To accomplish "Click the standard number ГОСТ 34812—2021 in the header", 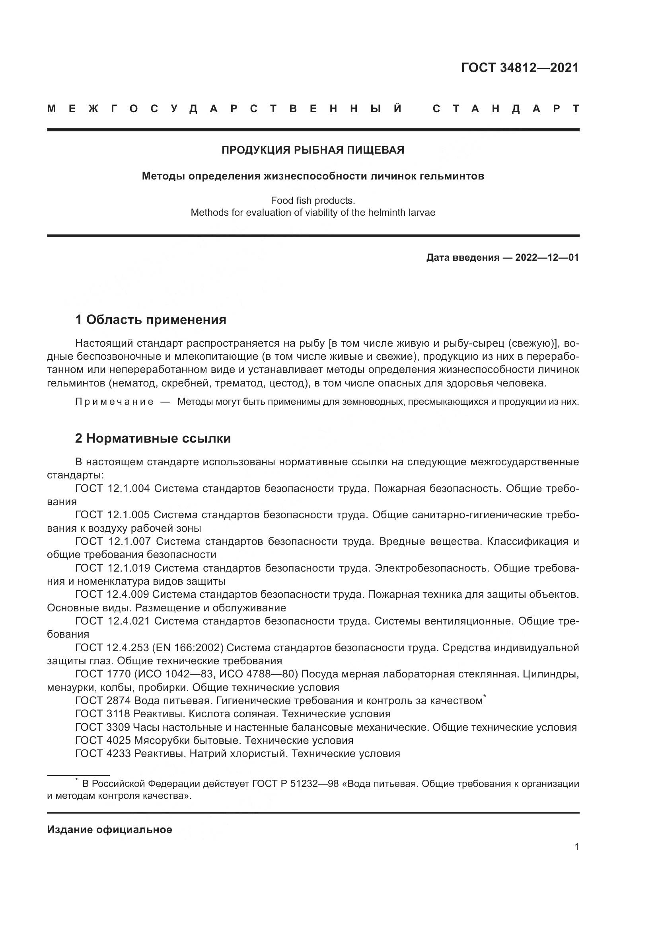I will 520,68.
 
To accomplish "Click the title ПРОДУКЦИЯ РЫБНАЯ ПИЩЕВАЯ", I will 313,150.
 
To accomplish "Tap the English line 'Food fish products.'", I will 313,201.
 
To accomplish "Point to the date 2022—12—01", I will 547,258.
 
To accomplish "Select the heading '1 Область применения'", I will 150,320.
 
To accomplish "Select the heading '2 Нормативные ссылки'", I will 153,438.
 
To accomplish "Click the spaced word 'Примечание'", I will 114,402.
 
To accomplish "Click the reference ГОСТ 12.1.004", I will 112,488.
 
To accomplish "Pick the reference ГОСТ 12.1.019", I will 113,568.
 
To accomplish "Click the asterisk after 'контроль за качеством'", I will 485,696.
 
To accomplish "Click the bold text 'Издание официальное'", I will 109,830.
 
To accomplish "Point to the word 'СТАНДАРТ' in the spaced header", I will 506,109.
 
